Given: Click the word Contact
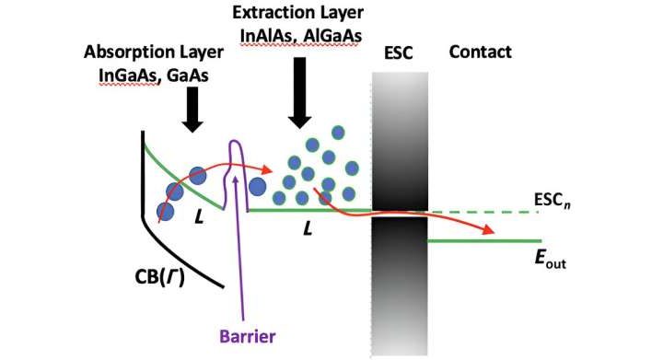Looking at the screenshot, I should pyautogui.click(x=479, y=52).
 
